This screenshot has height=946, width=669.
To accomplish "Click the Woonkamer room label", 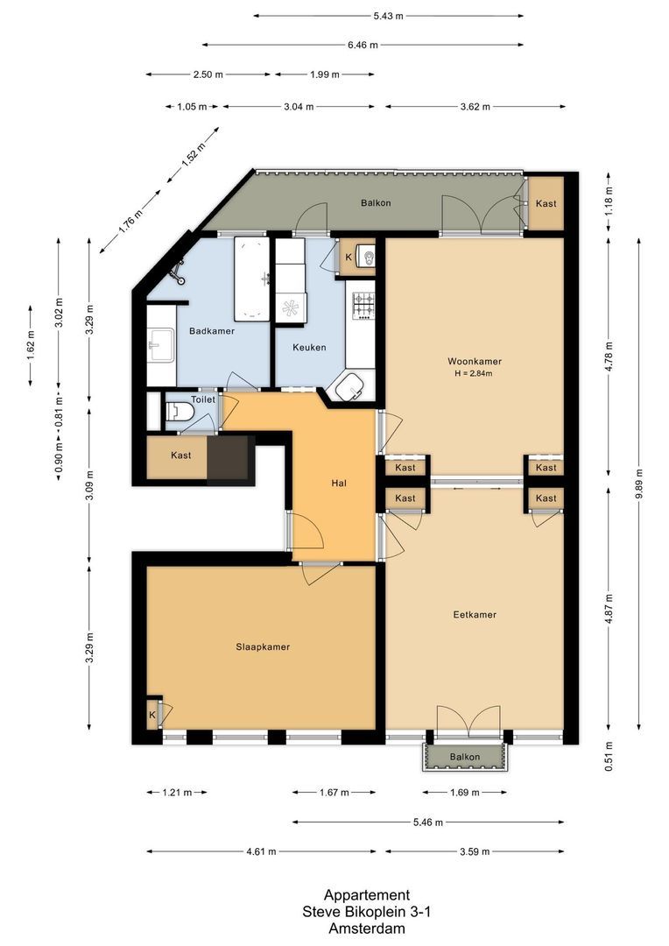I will [x=474, y=361].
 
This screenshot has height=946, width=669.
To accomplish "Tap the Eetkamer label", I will [x=474, y=615].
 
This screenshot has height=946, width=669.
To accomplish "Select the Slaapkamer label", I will [x=263, y=647].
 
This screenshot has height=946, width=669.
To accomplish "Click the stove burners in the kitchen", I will [x=363, y=304].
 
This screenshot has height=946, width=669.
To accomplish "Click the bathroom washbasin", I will [x=159, y=345].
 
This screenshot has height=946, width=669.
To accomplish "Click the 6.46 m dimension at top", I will [x=362, y=45].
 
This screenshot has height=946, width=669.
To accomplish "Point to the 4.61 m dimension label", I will [x=260, y=851].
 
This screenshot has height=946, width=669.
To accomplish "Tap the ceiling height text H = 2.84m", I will [x=474, y=374].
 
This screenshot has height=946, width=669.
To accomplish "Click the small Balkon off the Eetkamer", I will [x=465, y=757].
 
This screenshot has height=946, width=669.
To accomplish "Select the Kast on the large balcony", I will [x=546, y=204].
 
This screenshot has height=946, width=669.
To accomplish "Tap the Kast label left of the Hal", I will [x=181, y=455].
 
